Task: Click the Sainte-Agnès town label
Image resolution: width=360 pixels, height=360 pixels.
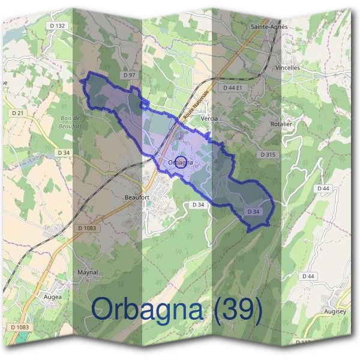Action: click(x=269, y=27)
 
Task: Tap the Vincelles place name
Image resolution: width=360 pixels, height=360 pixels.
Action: click(x=287, y=68)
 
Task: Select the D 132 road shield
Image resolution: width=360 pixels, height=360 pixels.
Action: click(x=58, y=26)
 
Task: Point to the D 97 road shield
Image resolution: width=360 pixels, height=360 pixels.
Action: click(x=129, y=75)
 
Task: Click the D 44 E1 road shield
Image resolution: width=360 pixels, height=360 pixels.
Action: click(x=232, y=88)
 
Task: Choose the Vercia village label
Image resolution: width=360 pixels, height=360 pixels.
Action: click(x=209, y=119)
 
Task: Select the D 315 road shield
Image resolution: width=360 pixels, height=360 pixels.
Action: click(x=268, y=155)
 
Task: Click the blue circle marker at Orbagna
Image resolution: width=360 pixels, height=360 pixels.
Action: click(x=179, y=162)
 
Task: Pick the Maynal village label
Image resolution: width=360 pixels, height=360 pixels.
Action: click(x=88, y=272)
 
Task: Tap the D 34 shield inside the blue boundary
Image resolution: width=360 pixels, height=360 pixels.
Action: click(x=253, y=212)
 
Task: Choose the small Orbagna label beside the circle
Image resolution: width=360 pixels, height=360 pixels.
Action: click(x=181, y=163)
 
